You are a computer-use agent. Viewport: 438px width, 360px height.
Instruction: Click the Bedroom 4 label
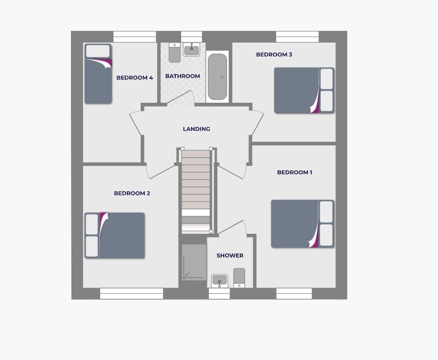click(134, 78)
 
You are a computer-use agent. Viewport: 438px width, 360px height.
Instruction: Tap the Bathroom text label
click(182, 76)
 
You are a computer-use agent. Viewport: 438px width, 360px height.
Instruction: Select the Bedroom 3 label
click(274, 54)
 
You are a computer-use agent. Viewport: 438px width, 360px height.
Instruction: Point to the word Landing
click(196, 129)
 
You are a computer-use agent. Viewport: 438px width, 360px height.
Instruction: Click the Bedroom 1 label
click(295, 173)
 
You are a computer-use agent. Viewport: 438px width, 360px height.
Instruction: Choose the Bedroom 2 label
click(132, 193)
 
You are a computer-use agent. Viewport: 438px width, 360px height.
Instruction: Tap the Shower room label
click(230, 256)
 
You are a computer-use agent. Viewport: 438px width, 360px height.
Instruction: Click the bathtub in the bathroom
click(217, 77)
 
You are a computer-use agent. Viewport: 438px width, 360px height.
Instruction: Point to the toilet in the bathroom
click(174, 53)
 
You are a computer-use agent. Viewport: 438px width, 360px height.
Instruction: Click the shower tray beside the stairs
click(194, 261)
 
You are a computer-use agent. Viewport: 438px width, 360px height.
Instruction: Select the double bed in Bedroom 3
click(304, 91)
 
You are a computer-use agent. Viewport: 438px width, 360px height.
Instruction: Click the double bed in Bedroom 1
click(302, 224)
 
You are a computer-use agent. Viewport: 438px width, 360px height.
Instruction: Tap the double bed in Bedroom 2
click(115, 235)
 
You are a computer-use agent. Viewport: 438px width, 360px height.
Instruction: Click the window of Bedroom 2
click(131, 293)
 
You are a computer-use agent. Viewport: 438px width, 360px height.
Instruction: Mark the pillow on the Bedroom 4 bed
click(98, 51)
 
